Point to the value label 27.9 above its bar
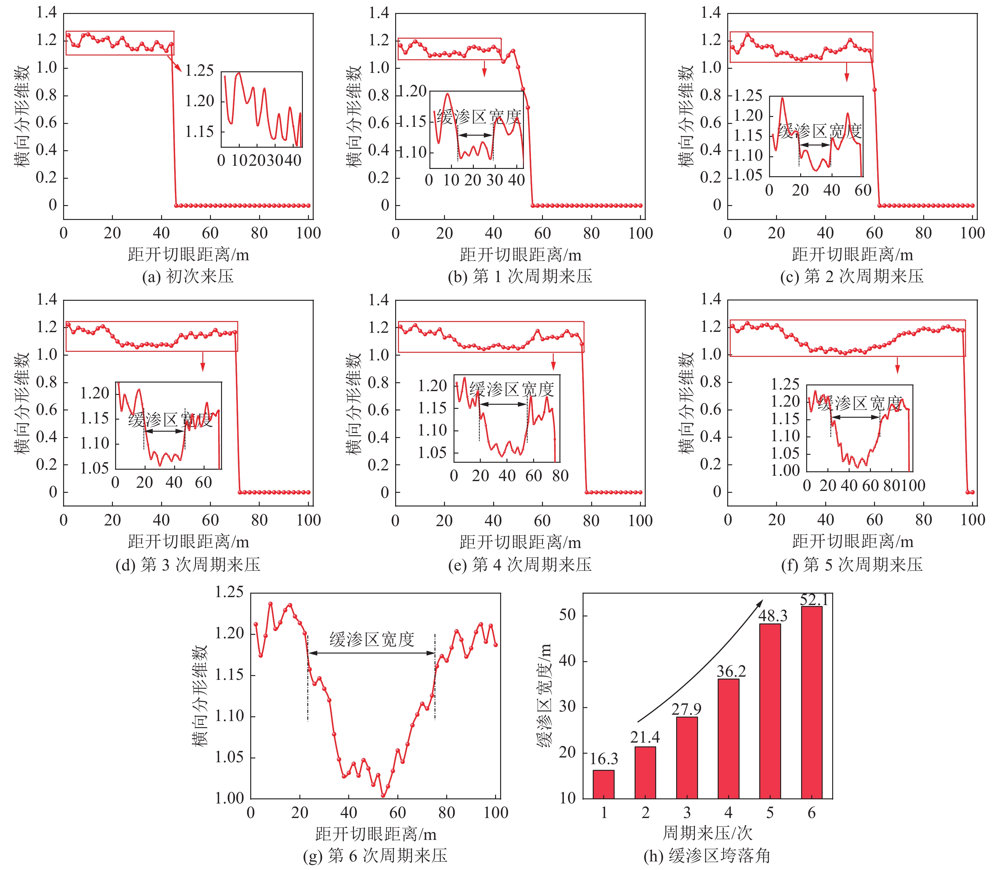tap(687, 709)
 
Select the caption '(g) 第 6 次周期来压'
tap(375, 855)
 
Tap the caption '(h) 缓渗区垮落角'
tap(707, 855)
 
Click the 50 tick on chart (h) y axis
tap(567, 615)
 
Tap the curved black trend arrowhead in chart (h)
tap(759, 603)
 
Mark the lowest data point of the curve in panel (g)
tap(383, 795)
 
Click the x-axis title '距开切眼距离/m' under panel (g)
tap(375, 834)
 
